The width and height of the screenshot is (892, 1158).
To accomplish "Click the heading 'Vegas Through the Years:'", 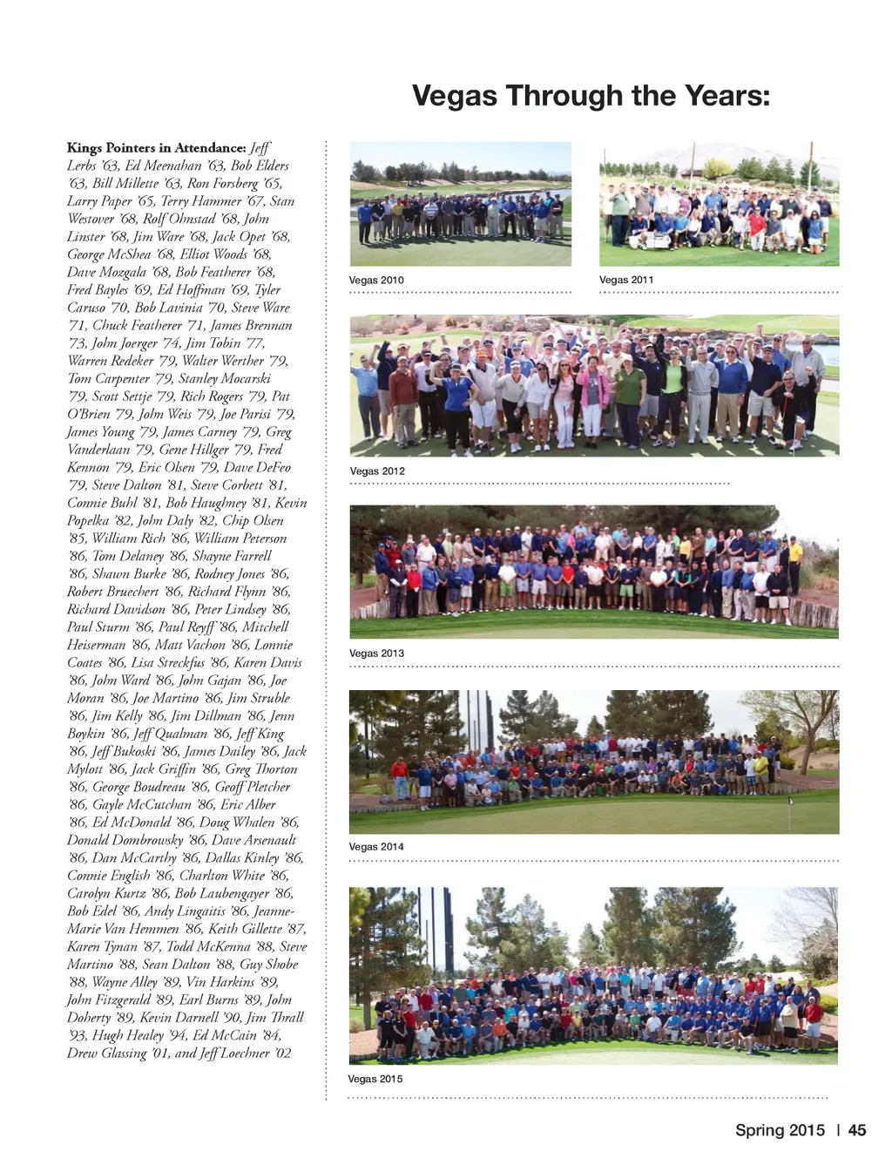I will [591, 95].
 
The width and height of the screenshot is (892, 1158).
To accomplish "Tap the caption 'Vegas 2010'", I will [376, 281].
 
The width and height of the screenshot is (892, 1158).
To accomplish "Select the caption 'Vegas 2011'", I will [626, 280].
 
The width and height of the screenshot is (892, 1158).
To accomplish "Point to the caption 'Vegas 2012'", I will [377, 471].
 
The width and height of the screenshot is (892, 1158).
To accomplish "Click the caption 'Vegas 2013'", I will [376, 653].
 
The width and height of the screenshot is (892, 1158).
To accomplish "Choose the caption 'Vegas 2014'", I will [376, 847].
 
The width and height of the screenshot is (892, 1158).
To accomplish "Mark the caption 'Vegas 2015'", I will [375, 1079].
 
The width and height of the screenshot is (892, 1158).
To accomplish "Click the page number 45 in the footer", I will [857, 1130].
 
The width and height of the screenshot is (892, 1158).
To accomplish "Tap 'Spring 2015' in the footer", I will [780, 1130].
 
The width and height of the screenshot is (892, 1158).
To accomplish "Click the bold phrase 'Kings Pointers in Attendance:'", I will [157, 148].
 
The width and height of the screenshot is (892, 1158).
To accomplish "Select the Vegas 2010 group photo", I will [461, 204].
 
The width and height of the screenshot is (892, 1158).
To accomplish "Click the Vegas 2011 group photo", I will [719, 204].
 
